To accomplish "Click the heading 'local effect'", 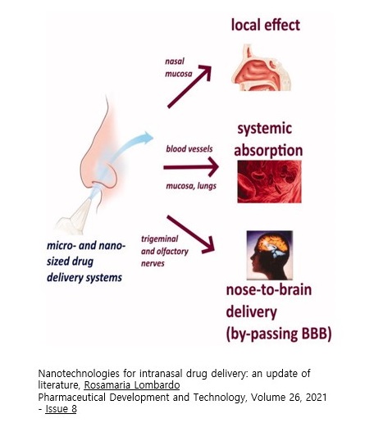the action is tap(266, 25).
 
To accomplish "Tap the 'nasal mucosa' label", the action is tap(179, 67).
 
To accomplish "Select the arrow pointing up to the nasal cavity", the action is tap(189, 87).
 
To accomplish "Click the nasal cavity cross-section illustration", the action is tap(262, 68).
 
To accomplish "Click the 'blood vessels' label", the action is tap(189, 149).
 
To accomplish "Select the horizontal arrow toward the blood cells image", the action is tap(191, 167).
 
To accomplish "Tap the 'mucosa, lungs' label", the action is tap(191, 186).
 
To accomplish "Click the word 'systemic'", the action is tap(265, 129).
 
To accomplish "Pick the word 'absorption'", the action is tap(268, 151).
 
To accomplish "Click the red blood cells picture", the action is tap(269, 182).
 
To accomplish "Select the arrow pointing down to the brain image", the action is tap(190, 234).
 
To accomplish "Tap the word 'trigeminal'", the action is tap(160, 239).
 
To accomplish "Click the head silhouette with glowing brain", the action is tap(270, 255).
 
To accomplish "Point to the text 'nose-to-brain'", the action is tap(269, 290).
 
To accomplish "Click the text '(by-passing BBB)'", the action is tap(279, 334).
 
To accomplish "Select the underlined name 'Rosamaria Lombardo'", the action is tap(132, 385).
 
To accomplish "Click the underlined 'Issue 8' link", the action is tap(61, 409).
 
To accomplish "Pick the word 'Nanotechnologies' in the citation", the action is tap(79, 374).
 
